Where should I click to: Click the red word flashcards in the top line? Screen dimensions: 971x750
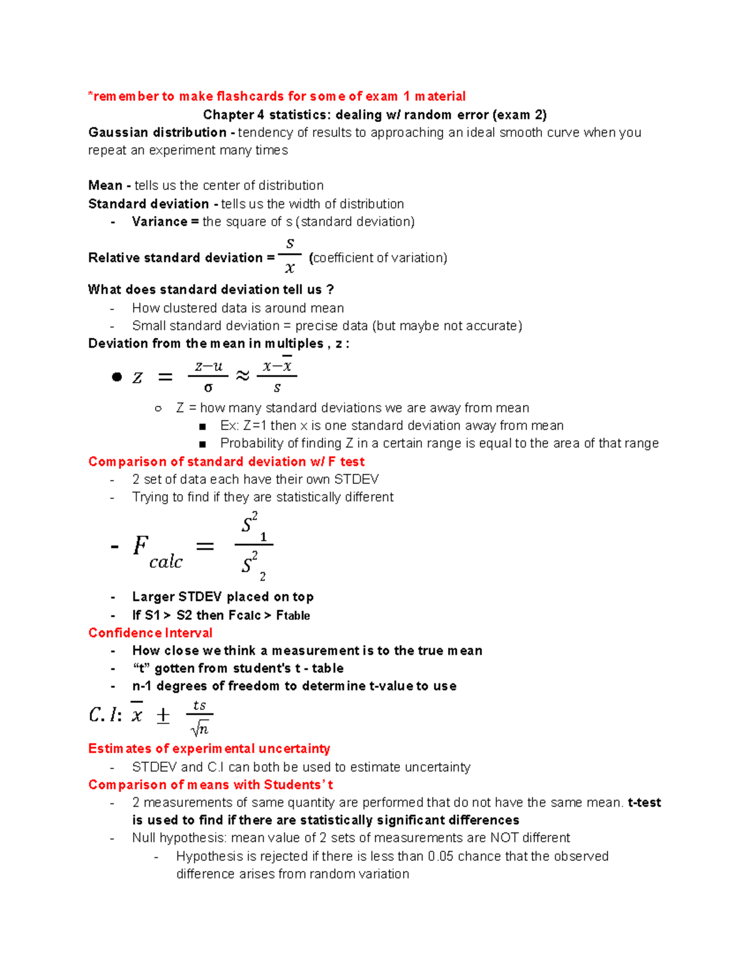click(x=250, y=96)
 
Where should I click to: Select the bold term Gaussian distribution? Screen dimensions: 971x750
click(x=157, y=133)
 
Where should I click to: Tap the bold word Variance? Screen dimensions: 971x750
click(x=159, y=221)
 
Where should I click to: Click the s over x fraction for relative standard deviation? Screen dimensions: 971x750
click(x=289, y=255)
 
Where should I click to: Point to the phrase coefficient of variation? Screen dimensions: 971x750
click(x=379, y=258)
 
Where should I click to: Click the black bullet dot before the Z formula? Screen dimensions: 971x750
click(x=116, y=376)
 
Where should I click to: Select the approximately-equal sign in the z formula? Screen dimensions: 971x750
click(x=242, y=375)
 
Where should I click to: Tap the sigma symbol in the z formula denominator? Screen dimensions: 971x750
click(x=208, y=388)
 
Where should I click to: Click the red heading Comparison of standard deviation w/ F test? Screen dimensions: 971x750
click(x=226, y=461)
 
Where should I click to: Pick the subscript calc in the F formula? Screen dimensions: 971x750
click(x=166, y=562)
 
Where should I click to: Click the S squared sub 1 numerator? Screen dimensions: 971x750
click(x=253, y=526)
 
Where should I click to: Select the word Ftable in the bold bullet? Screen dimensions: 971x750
click(x=293, y=615)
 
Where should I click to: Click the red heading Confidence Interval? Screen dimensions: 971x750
click(x=150, y=633)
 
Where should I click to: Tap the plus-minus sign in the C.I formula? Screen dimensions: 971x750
click(x=162, y=715)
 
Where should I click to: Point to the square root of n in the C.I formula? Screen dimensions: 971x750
click(x=200, y=728)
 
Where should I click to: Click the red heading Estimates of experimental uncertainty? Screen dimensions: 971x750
click(x=209, y=748)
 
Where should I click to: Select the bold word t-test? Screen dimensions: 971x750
click(x=644, y=802)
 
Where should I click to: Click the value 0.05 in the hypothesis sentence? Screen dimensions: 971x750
click(x=441, y=856)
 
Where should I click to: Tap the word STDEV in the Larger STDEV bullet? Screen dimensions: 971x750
click(x=200, y=596)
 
